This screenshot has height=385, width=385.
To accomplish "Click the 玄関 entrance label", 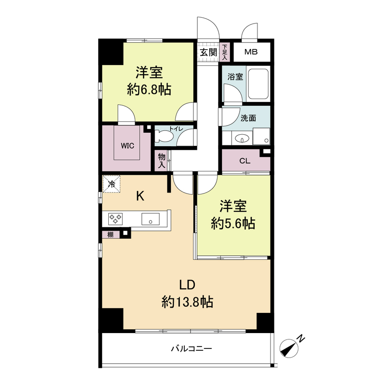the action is click(208, 52).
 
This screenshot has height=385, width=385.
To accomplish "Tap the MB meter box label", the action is click(251, 52).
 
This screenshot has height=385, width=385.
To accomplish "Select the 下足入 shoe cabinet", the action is click(225, 52).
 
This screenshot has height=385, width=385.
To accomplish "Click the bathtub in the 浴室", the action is click(257, 83).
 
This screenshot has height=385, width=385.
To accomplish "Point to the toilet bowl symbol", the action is click(164, 136).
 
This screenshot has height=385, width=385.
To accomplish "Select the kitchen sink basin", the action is click(150, 219).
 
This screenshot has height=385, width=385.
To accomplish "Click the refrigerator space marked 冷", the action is click(111, 184).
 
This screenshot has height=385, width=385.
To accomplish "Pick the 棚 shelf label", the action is click(111, 235).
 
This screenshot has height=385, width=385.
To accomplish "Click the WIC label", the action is click(128, 146).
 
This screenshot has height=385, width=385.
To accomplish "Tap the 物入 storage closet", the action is click(161, 161).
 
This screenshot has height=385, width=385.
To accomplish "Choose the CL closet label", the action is click(245, 161).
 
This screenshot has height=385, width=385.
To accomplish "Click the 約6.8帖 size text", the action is click(149, 90).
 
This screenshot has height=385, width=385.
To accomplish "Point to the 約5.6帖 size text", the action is click(233, 223).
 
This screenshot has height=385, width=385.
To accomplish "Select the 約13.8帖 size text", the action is click(187, 302).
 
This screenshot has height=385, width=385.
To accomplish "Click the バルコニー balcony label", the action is click(191, 348).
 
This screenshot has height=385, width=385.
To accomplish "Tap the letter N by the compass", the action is click(301, 339).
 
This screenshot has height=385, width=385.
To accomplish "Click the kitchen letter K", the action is click(140, 196).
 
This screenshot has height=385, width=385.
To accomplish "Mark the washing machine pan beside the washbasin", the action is click(261, 136).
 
